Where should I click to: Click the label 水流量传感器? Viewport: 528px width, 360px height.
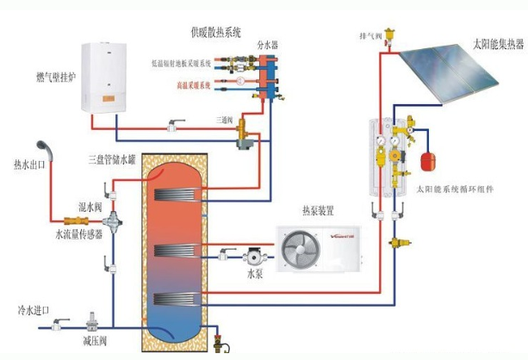(79, 233)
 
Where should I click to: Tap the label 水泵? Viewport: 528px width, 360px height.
(255, 273)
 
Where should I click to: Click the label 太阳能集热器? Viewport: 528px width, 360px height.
(496, 42)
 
